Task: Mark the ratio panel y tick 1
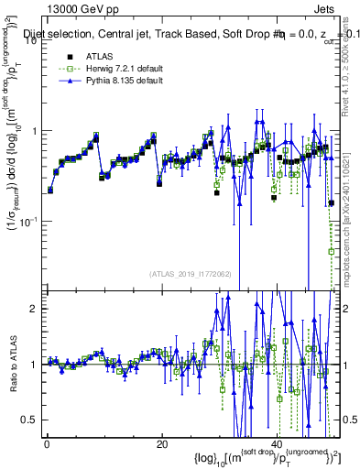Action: [34, 365]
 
